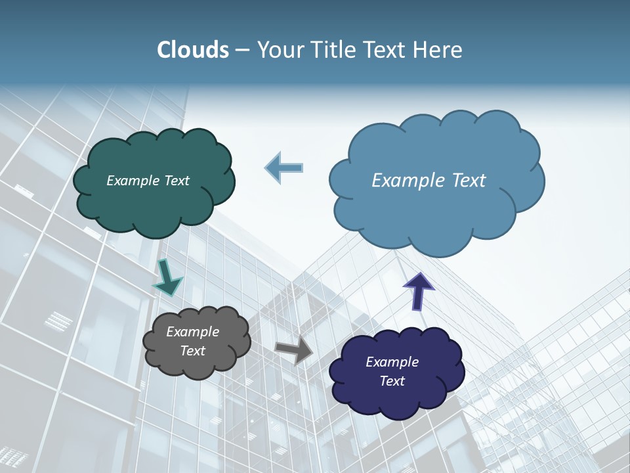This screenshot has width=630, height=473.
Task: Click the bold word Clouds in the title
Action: (193, 50)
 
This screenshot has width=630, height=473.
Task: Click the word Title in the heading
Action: (333, 50)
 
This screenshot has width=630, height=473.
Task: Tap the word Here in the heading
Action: (439, 50)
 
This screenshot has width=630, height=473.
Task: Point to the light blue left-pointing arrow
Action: (284, 168)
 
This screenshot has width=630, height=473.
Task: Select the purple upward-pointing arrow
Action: (418, 290)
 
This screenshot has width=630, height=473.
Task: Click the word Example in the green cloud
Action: (133, 181)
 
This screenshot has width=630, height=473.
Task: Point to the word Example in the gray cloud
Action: (193, 332)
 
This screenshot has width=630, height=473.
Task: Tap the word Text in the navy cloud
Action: (392, 381)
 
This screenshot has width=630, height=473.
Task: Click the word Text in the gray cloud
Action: (193, 351)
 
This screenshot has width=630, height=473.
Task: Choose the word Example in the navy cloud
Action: (392, 362)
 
